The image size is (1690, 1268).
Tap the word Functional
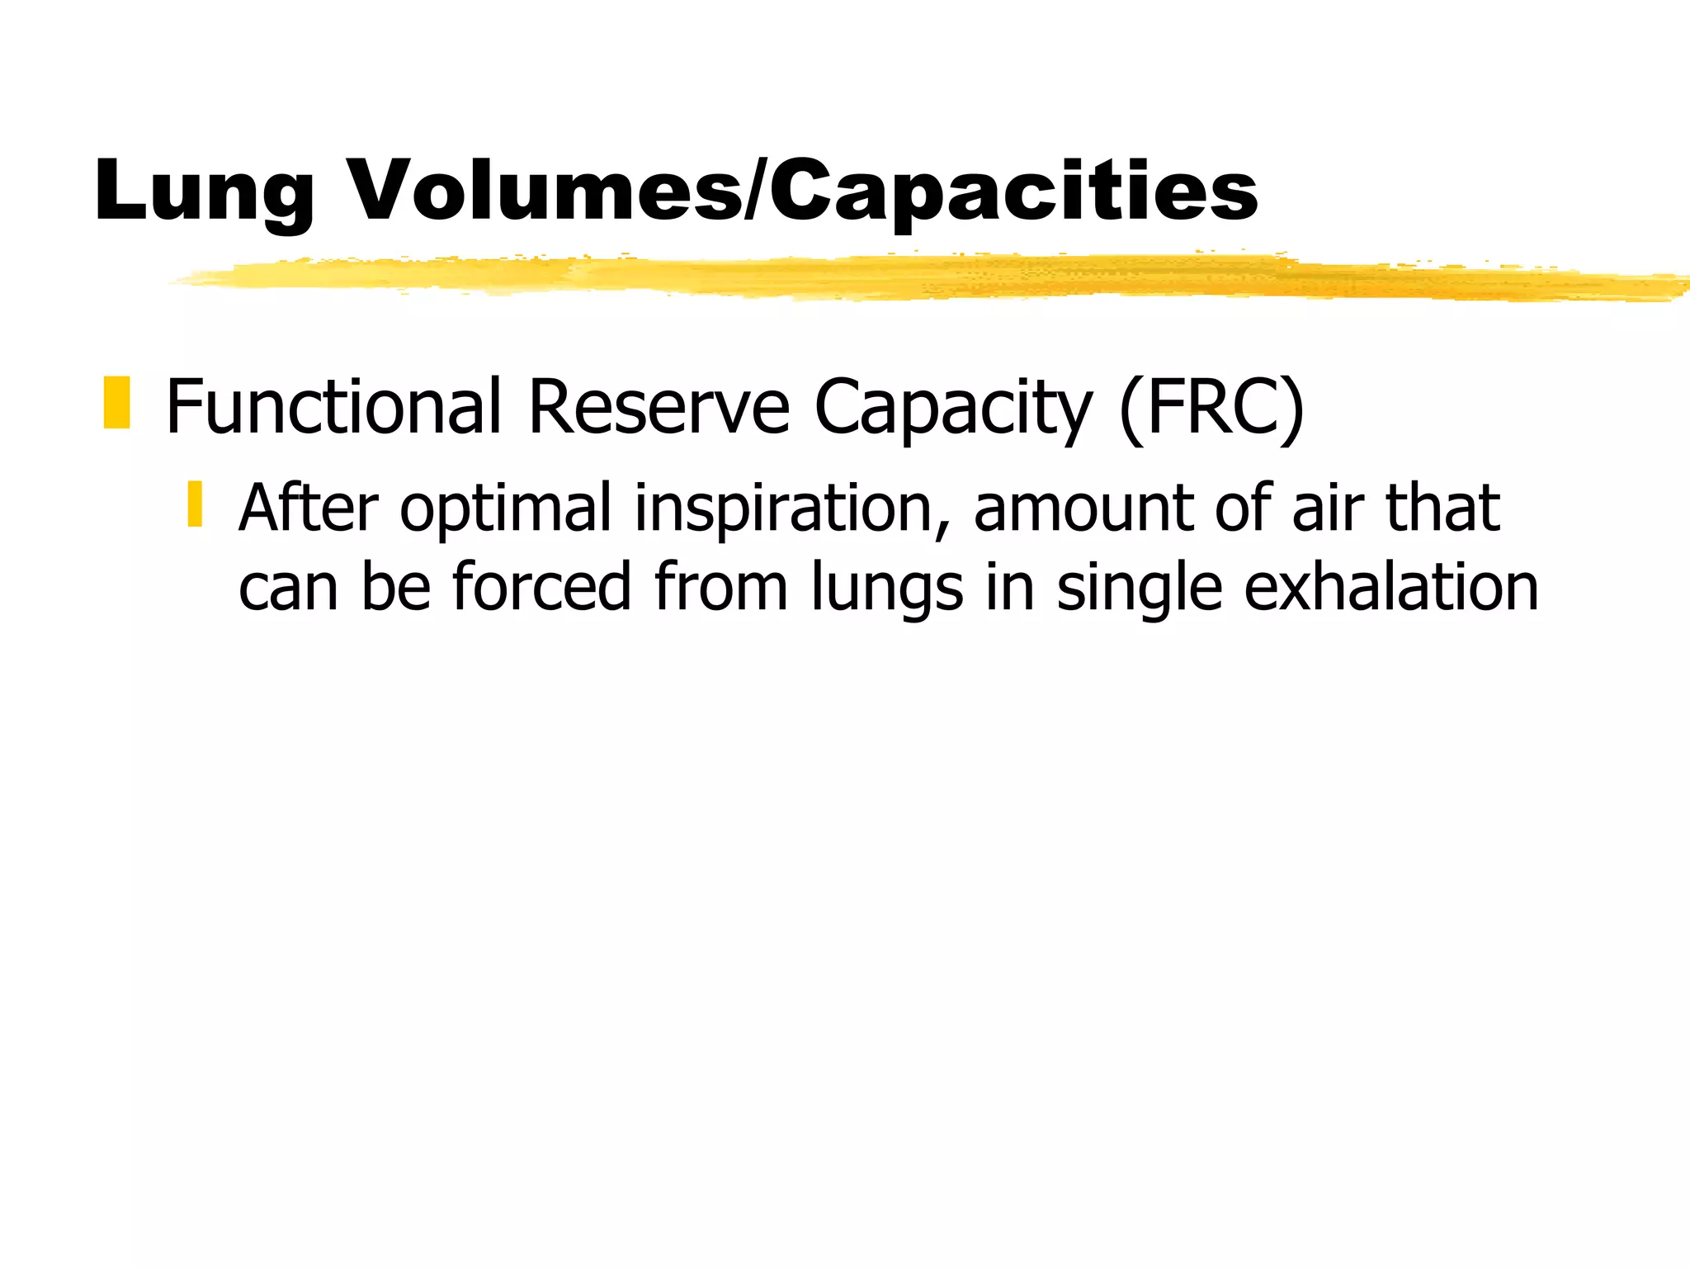[x=333, y=406]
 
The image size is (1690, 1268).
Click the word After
[x=309, y=507]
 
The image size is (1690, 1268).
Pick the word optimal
[x=507, y=509]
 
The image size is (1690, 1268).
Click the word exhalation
[x=1390, y=586]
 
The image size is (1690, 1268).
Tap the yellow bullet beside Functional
[x=117, y=403]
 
